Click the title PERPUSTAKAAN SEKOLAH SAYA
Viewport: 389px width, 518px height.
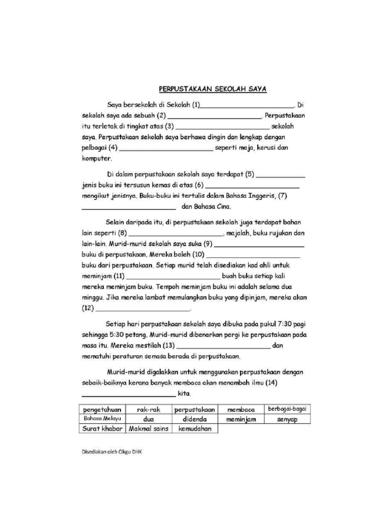coord(213,89)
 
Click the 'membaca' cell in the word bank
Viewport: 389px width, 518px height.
coord(241,409)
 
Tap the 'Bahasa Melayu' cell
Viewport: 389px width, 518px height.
coord(102,419)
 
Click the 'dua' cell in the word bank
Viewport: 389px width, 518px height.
coord(148,419)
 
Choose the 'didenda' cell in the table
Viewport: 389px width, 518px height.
coord(194,419)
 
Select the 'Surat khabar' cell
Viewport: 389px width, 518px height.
coord(102,429)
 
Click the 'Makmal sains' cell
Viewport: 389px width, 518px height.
coord(148,429)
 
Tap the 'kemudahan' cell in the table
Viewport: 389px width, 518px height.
coord(194,429)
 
